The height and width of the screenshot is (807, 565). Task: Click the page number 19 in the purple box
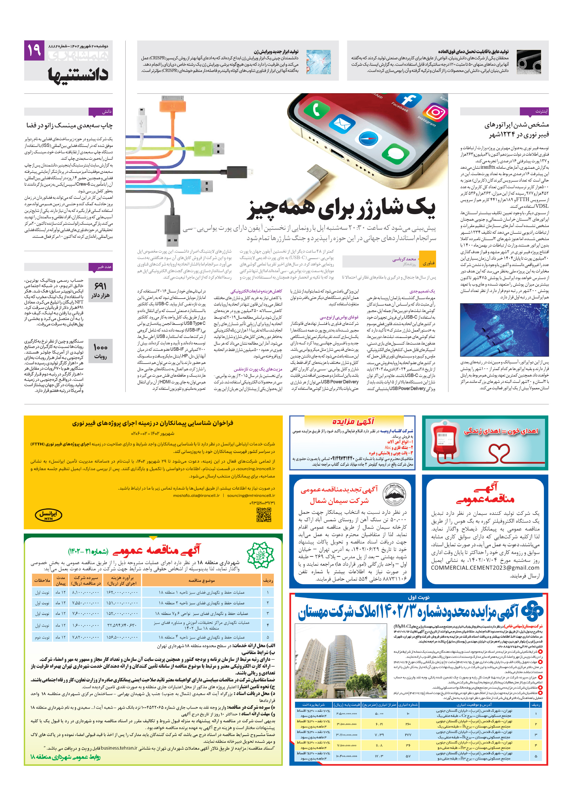tap(34, 50)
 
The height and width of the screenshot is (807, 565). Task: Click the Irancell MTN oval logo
tap(48, 515)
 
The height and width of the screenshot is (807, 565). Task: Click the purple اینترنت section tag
tap(534, 111)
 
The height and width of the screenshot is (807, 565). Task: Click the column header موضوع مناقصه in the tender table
tap(201, 580)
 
